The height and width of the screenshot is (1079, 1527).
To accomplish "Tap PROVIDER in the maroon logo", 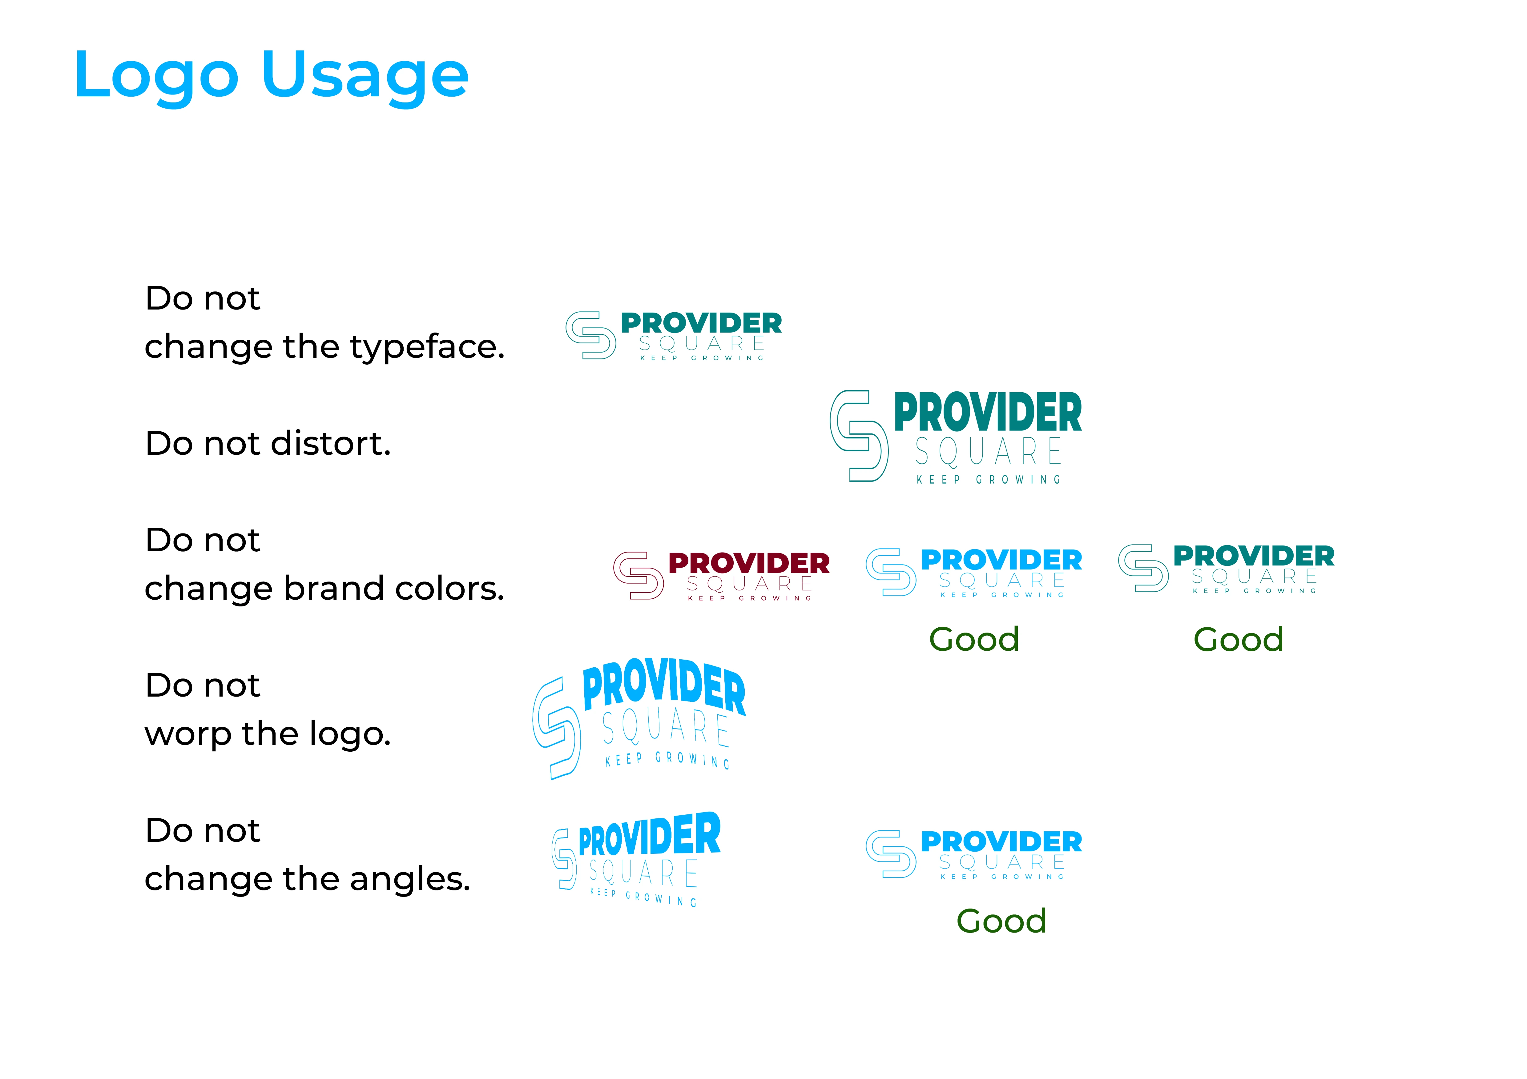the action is pos(749,563).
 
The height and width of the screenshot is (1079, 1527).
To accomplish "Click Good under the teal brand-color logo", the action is pos(1238,640).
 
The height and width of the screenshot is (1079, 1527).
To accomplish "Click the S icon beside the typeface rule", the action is pos(590,335).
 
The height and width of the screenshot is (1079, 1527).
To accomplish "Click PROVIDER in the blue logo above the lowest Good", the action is pos(1001,842).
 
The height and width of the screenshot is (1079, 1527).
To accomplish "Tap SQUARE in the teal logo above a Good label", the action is pos(1254,576).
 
